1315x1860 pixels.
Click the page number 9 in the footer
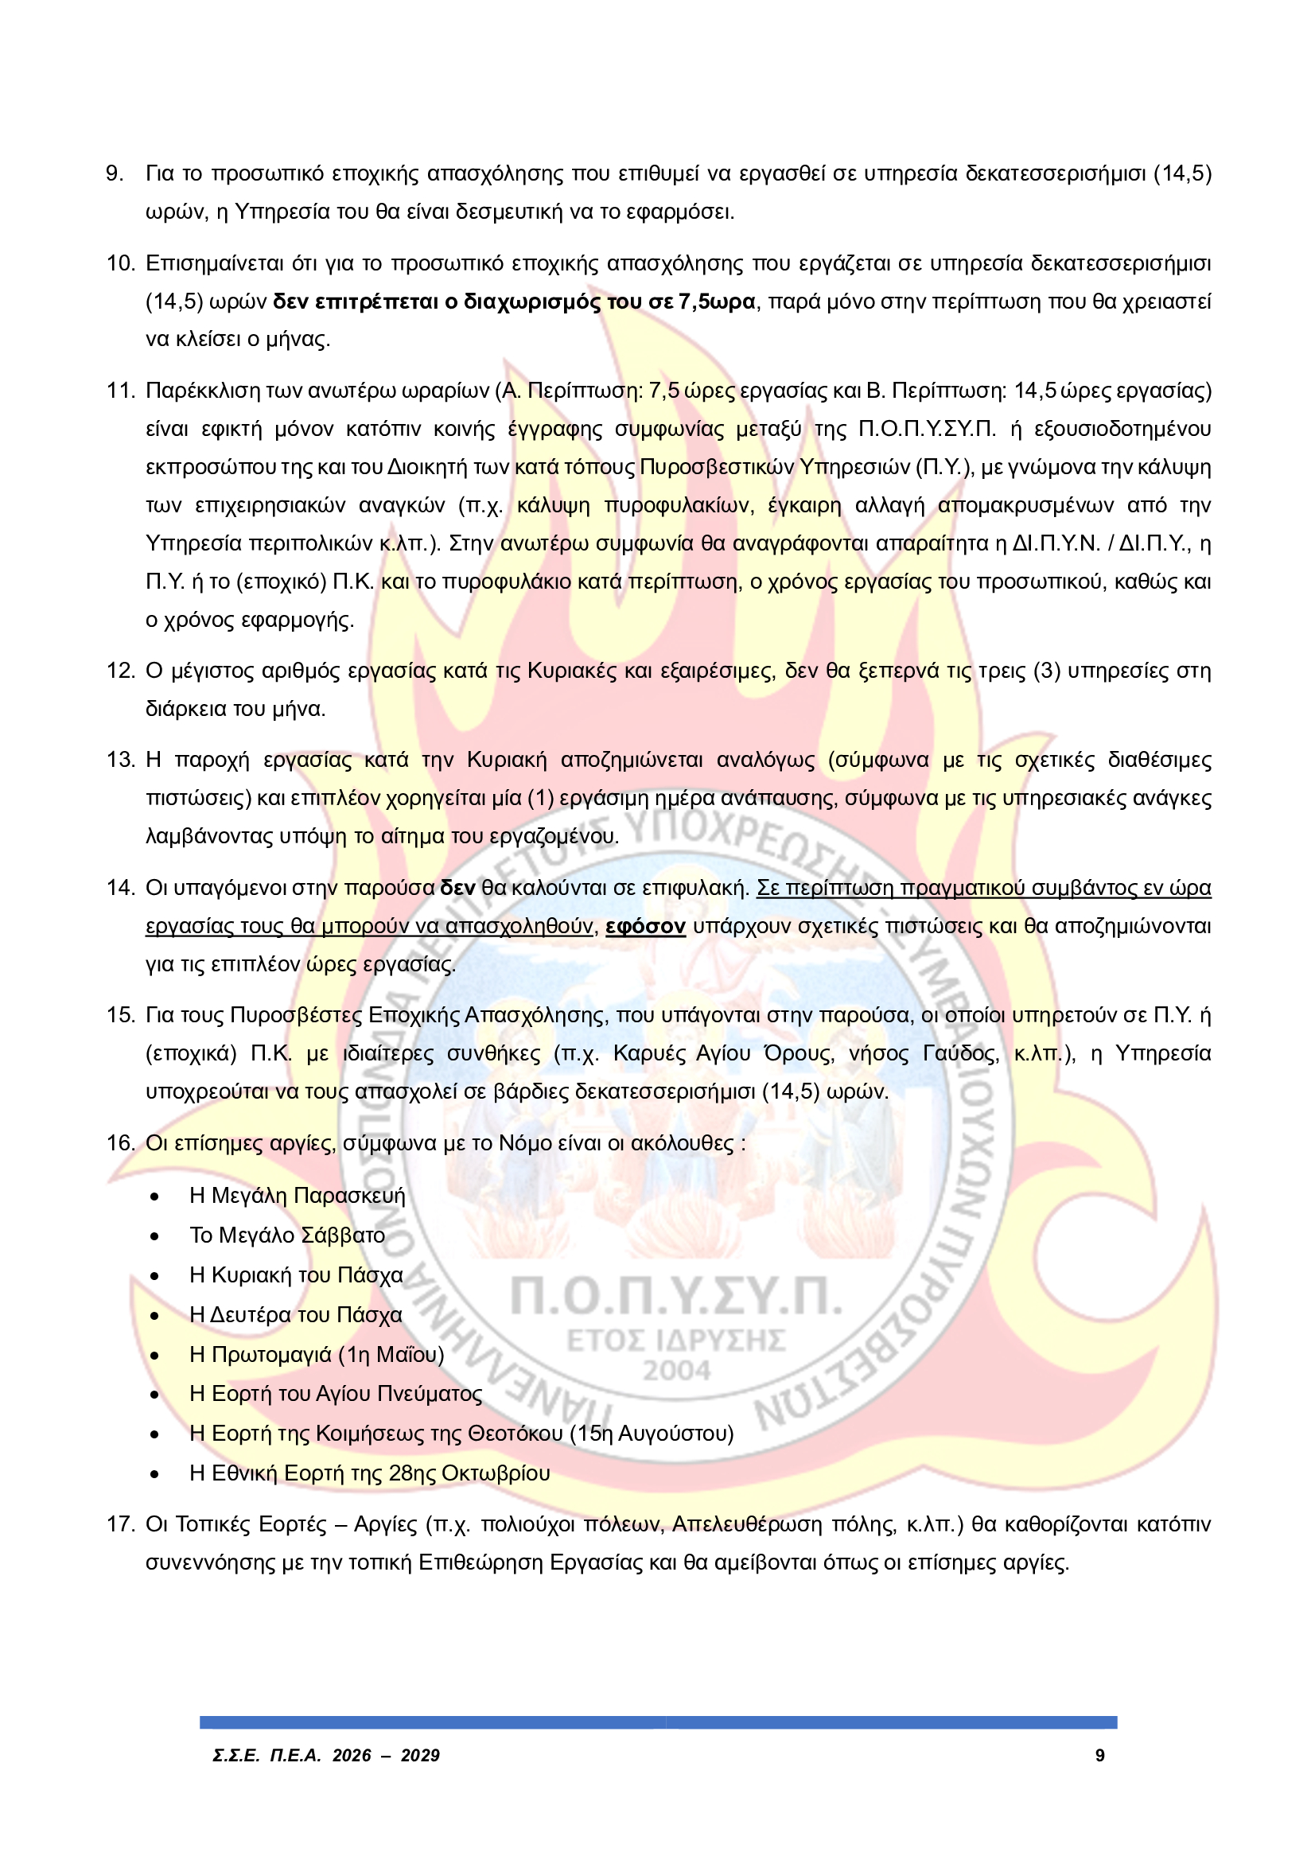[x=1099, y=1756]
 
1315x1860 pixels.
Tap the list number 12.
[x=120, y=671]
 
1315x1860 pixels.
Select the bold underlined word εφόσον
[x=646, y=926]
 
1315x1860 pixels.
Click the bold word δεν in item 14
[x=457, y=888]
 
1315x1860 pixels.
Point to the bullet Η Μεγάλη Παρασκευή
[x=297, y=1196]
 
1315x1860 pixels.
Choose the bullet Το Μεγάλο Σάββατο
[x=287, y=1235]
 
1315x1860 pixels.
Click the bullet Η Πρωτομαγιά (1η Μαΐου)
[x=316, y=1355]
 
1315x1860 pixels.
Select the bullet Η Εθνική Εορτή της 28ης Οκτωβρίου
[x=369, y=1473]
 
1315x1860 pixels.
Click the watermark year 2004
[x=676, y=1371]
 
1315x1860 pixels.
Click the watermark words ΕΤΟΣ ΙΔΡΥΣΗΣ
[x=676, y=1340]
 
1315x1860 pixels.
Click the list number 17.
[x=120, y=1524]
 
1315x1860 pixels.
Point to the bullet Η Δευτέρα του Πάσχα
[x=295, y=1315]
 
